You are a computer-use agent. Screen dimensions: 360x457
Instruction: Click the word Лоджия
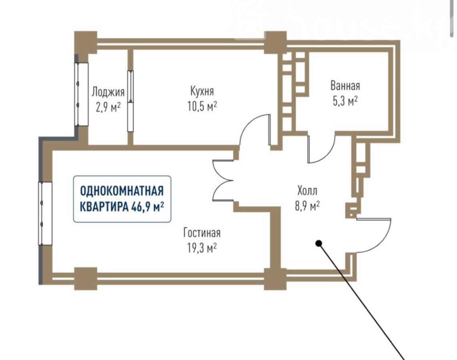coord(108,92)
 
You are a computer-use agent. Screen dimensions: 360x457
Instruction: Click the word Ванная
coord(345,86)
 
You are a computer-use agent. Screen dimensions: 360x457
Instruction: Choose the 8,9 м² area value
coord(307,205)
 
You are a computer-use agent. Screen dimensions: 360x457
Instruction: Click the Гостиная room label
coord(202,232)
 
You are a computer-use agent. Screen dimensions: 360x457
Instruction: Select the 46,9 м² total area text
coord(148,207)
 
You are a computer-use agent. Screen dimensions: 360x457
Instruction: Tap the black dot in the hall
coord(319,243)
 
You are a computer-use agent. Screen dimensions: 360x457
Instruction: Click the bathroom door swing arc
coord(322,152)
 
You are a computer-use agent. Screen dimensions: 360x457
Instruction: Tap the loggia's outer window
coord(82,94)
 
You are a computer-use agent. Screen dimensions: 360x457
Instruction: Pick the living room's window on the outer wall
coord(45,213)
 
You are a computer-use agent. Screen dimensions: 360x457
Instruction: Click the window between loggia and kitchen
coord(130,101)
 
